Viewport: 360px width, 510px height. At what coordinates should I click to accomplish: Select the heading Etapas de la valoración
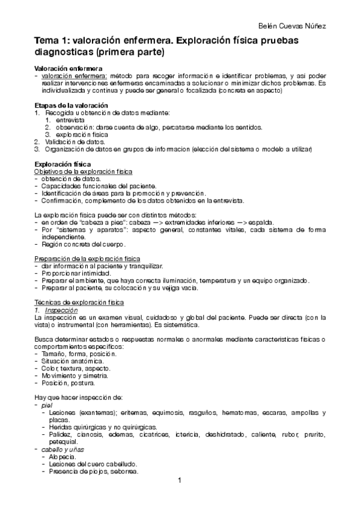(70, 105)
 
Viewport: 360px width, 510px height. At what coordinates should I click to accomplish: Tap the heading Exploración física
(63, 164)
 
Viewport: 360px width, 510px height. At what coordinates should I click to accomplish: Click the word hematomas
(241, 413)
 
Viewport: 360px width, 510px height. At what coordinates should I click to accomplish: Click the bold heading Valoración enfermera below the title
(68, 69)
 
